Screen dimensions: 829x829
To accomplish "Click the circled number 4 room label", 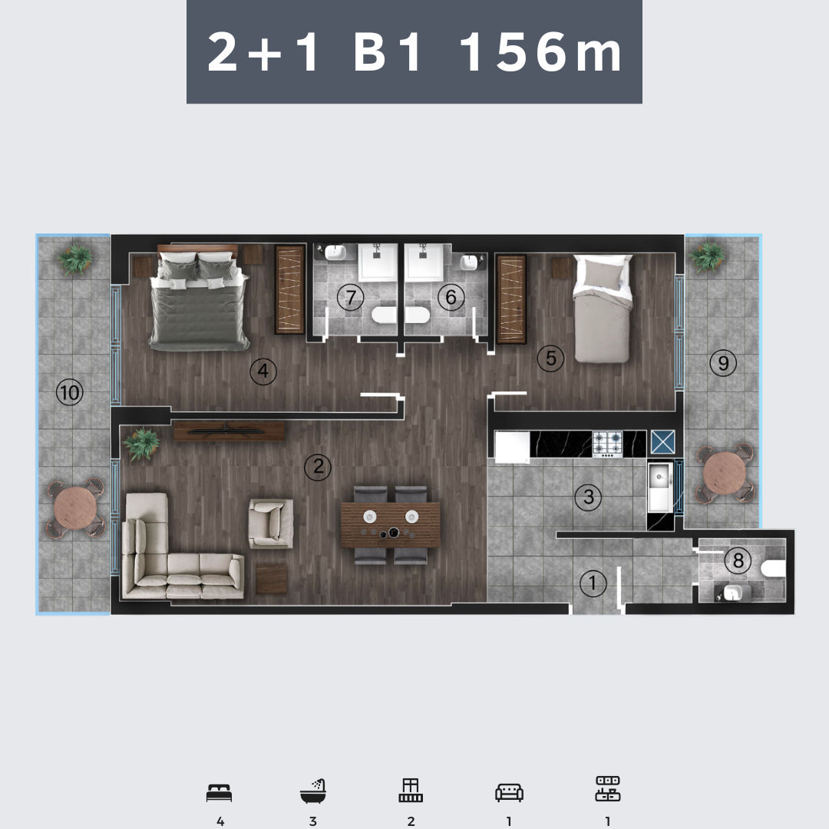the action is click(x=263, y=372).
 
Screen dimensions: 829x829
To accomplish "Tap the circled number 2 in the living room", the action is click(x=319, y=467).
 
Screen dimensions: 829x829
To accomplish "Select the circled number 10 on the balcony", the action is click(x=70, y=393).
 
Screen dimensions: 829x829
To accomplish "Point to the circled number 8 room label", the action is click(x=738, y=560).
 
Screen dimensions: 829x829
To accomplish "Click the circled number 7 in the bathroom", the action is click(x=351, y=298).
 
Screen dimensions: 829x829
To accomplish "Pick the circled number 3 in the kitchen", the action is click(x=589, y=497).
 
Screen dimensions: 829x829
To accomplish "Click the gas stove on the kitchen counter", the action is click(x=607, y=444).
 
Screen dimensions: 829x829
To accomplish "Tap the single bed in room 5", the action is click(x=603, y=309).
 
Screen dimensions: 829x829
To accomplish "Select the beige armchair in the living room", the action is click(x=271, y=523).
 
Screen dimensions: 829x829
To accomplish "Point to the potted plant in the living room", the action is click(x=141, y=444).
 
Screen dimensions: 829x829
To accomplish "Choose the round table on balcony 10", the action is click(x=75, y=508).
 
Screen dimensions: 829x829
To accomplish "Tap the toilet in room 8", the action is click(x=774, y=570).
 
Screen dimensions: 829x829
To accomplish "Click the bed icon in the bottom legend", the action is click(x=219, y=793).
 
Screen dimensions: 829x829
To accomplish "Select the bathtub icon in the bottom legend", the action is click(x=313, y=791).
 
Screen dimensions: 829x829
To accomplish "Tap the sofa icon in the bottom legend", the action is click(x=509, y=792).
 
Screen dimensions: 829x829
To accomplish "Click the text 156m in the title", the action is click(x=541, y=51).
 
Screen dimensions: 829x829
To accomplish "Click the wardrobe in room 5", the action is click(x=511, y=299).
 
